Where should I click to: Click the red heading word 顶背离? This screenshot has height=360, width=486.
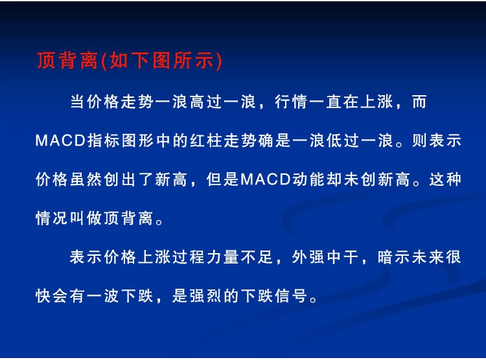67,60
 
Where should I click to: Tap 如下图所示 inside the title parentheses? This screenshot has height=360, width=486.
161,60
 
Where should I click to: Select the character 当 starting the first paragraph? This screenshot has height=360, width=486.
78,102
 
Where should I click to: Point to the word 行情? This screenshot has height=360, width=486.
291,102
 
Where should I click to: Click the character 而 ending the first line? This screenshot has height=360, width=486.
419,102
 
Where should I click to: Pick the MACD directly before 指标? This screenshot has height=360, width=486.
60,141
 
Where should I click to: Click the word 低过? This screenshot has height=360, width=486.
343,141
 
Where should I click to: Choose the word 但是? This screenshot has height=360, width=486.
222,180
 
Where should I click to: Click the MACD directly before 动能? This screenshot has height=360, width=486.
266,180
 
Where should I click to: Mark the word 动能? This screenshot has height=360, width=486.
308,180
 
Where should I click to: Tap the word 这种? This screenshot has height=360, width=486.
445,180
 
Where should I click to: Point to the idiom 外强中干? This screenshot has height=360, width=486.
325,257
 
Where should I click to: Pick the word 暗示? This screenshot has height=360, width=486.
393,257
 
